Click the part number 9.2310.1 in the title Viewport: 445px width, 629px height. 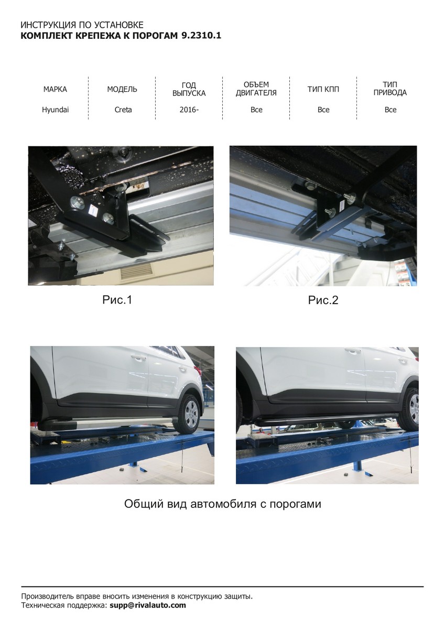tap(201, 36)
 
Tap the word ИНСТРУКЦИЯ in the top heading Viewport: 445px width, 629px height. tap(48, 25)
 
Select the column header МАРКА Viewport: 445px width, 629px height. tap(55, 89)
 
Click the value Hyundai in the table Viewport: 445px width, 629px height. tap(56, 110)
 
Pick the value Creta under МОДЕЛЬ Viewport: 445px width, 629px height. tap(123, 110)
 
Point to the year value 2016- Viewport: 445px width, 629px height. tap(189, 110)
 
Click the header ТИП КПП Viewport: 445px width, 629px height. tap(323, 89)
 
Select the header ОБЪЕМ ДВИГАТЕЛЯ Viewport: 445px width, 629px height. tap(256, 89)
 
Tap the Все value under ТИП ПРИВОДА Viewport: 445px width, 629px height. tap(390, 110)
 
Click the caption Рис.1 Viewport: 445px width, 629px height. tap(117, 300)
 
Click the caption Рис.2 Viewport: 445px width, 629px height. tap(323, 300)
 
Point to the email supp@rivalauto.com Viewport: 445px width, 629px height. tap(148, 605)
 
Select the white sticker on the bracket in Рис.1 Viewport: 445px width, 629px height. tap(93, 210)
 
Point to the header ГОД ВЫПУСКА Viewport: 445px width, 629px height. tap(189, 89)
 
